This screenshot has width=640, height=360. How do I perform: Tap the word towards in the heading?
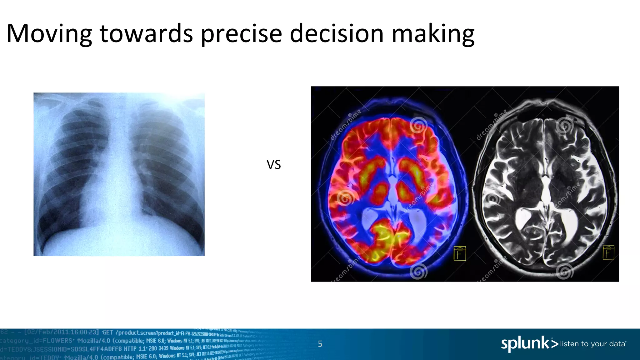[146, 34]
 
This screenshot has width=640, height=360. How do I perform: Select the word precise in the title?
[241, 34]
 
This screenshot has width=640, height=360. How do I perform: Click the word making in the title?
[433, 34]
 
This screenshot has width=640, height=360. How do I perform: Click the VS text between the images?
[274, 165]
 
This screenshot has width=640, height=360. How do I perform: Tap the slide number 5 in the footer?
[320, 344]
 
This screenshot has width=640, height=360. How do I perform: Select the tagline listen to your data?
[592, 344]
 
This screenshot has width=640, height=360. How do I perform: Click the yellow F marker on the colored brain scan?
[460, 253]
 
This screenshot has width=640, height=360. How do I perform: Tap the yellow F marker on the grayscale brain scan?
[608, 252]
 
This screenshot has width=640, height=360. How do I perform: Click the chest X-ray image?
[119, 174]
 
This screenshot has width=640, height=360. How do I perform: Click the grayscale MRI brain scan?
[545, 184]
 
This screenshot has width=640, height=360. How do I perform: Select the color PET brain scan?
[392, 184]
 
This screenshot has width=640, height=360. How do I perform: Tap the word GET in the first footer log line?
[108, 332]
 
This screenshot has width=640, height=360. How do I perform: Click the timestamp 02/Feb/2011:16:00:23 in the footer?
[62, 332]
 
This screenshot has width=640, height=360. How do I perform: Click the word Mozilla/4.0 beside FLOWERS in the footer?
[94, 340]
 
